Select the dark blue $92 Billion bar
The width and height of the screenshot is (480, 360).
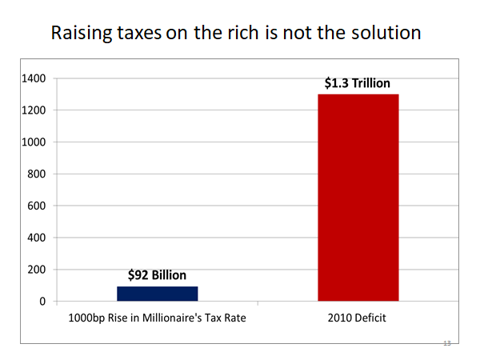(157, 293)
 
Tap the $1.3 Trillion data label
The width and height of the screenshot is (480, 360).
(358, 82)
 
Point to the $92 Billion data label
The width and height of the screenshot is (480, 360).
(157, 275)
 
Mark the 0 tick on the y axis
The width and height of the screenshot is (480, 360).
(43, 302)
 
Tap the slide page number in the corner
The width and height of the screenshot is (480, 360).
(447, 343)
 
